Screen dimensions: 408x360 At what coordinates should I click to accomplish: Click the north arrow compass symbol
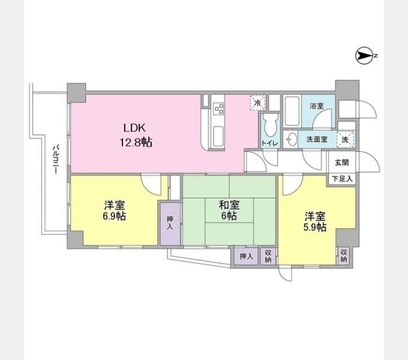pyautogui.click(x=364, y=55)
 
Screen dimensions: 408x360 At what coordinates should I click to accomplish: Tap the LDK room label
pyautogui.click(x=134, y=128)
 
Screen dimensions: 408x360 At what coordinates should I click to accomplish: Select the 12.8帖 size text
pyautogui.click(x=136, y=142)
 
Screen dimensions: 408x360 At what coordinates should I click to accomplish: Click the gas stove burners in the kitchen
pyautogui.click(x=218, y=109)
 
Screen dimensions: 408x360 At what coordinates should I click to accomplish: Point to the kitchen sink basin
pyautogui.click(x=218, y=136)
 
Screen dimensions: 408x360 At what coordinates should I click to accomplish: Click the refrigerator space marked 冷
pyautogui.click(x=258, y=103)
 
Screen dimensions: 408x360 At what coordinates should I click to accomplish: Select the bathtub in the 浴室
pyautogui.click(x=292, y=111)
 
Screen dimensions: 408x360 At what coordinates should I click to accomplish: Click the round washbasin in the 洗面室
pyautogui.click(x=292, y=139)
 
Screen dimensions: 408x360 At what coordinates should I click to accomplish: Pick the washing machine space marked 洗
pyautogui.click(x=346, y=139)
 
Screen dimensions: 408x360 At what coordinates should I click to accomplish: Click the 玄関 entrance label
pyautogui.click(x=341, y=163)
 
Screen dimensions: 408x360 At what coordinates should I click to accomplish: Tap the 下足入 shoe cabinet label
pyautogui.click(x=342, y=179)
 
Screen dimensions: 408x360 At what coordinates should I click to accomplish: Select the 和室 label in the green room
pyautogui.click(x=229, y=205)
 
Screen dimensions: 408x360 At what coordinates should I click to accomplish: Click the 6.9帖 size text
pyautogui.click(x=114, y=216)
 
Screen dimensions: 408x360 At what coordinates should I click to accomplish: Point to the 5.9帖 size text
pyautogui.click(x=315, y=227)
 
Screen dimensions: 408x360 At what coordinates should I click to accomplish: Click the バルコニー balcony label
pyautogui.click(x=55, y=159)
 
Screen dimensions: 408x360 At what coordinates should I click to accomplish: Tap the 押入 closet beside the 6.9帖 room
pyautogui.click(x=170, y=223)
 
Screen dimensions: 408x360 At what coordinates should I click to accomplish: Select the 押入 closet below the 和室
pyautogui.click(x=246, y=256)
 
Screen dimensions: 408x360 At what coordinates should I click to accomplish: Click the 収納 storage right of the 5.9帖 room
pyautogui.click(x=344, y=256)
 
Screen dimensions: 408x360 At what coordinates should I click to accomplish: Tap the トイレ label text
pyautogui.click(x=270, y=143)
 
